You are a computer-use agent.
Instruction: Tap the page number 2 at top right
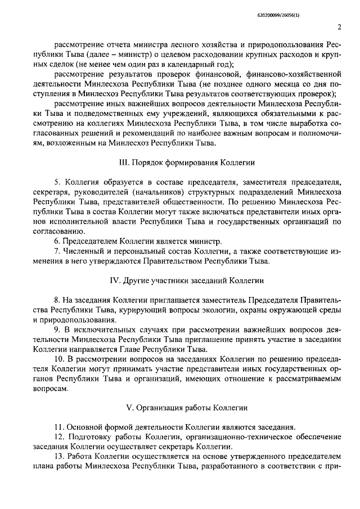click(340, 26)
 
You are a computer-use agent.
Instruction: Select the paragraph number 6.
click(56, 241)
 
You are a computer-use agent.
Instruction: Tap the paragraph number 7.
click(56, 251)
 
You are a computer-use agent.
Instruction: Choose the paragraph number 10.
click(58, 359)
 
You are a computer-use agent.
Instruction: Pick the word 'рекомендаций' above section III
click(167, 133)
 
